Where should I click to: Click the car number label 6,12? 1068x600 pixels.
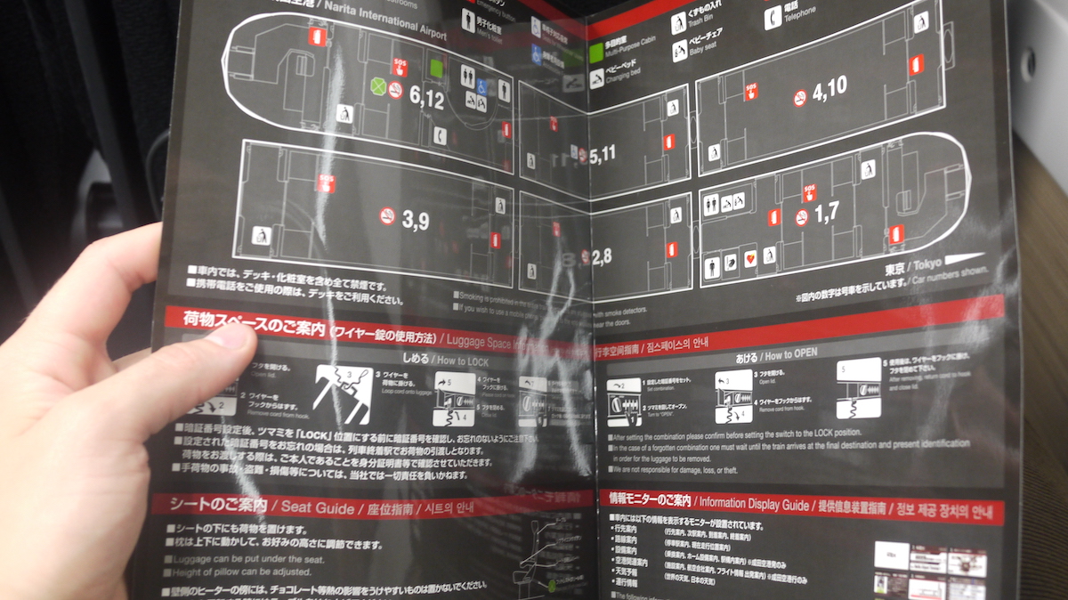[426, 100]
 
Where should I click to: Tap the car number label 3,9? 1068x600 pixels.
[415, 220]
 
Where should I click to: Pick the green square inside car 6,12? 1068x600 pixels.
[437, 67]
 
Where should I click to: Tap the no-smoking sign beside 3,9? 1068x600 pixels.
[387, 215]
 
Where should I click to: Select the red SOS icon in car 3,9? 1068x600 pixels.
[325, 183]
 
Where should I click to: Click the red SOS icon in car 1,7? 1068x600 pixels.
[809, 191]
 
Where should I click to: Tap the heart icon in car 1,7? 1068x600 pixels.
[749, 258]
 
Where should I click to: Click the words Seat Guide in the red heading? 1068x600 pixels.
[318, 507]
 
